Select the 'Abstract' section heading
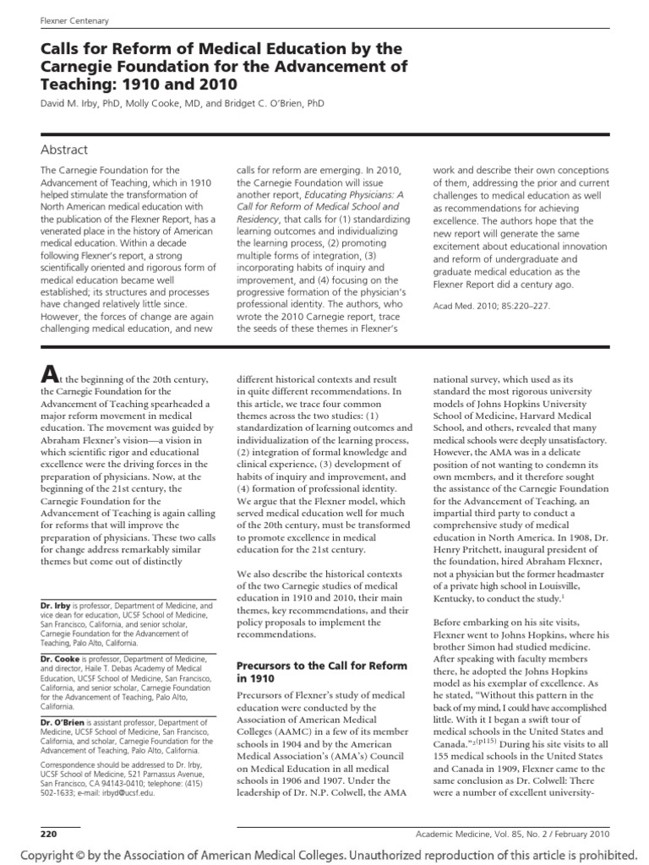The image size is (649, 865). pos(64,150)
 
